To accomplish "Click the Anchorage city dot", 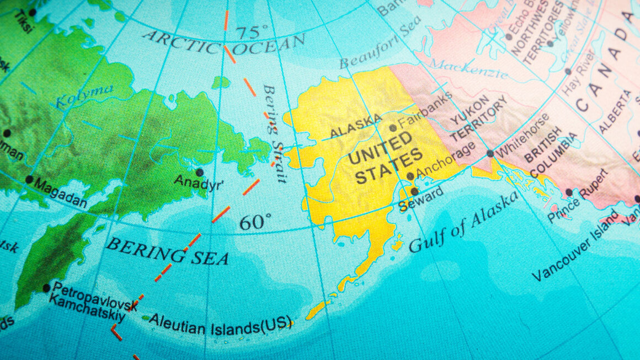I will click(x=410, y=176).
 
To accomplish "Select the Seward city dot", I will click(x=414, y=191).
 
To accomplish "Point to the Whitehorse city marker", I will click(x=490, y=154).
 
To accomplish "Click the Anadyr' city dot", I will click(x=200, y=172).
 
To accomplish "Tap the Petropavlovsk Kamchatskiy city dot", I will click(x=46, y=288).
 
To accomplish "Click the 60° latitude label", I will click(x=255, y=222).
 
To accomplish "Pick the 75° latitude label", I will click(x=252, y=33).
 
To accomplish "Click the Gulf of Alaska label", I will click(x=463, y=222).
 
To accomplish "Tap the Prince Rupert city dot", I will click(x=569, y=192).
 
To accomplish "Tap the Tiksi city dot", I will click(x=32, y=12).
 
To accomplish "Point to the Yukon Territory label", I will click(x=478, y=119).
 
